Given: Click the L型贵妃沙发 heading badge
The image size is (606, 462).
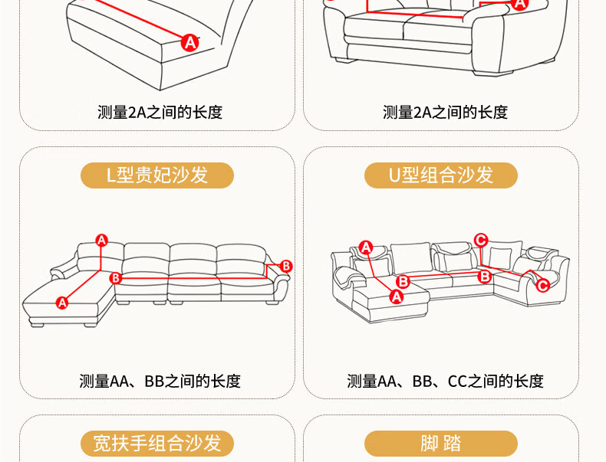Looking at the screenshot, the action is [x=157, y=175].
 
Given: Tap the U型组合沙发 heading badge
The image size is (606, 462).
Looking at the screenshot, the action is [x=440, y=175].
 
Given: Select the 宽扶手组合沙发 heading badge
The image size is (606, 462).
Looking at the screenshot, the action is [x=157, y=443].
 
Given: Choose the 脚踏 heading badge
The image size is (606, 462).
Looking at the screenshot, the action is [x=440, y=443].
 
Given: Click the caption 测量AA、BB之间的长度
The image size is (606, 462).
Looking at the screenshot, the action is [x=160, y=381].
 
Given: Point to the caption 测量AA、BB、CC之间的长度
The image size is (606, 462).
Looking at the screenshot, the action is [x=445, y=381].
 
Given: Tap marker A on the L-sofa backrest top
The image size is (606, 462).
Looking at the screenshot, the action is [x=101, y=241].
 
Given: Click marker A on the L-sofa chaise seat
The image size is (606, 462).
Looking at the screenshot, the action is [x=62, y=303].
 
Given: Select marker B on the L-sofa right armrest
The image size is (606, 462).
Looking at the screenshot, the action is [x=286, y=267].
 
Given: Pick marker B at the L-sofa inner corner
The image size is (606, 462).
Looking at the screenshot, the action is [x=116, y=278].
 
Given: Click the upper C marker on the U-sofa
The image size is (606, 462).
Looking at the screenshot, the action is [x=481, y=240].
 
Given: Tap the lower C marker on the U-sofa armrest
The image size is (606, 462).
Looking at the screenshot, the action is [x=542, y=286].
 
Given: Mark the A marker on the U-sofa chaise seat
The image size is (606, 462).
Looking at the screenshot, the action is [x=397, y=297].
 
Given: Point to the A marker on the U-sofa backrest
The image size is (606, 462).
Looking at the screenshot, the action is [x=366, y=247].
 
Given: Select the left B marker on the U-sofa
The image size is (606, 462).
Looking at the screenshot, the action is [x=403, y=281].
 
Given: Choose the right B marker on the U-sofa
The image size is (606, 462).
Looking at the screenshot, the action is [x=484, y=277].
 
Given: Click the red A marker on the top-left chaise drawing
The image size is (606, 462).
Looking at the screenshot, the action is [x=190, y=42].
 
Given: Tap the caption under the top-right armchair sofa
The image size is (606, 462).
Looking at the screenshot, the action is [x=445, y=113].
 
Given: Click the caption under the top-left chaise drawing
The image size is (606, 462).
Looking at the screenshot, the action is [x=160, y=113].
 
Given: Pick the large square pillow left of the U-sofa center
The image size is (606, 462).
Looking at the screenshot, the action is [x=411, y=258].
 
